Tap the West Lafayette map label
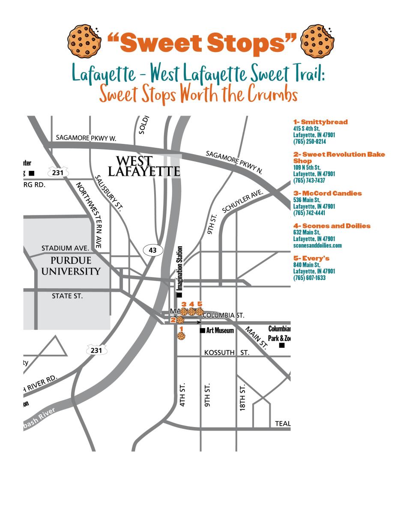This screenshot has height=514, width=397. coord(143,167)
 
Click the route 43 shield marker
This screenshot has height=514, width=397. coord(153,250)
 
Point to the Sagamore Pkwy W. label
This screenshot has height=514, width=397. coord(86,138)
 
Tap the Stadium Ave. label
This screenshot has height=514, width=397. coord(65,248)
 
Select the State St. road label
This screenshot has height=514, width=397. coord(67,296)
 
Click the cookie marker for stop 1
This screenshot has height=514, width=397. coord(181,336)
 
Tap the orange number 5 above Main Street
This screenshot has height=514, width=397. coord(200,304)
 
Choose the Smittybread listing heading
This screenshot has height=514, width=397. coord(320,122)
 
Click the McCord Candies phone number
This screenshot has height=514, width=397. coord(309,213)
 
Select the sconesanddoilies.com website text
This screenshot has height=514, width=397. coord(317,245)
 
